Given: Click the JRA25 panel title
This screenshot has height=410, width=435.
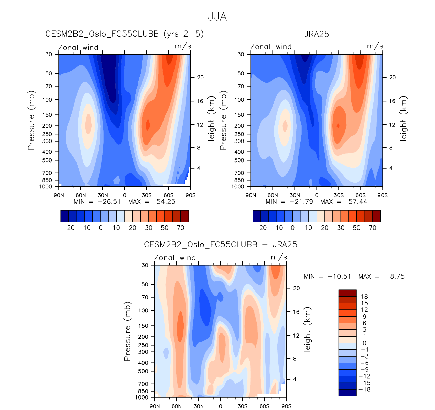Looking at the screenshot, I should (317, 34).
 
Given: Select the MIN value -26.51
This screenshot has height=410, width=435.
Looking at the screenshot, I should (109, 202).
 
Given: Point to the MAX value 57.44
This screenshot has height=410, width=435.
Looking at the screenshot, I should (357, 202).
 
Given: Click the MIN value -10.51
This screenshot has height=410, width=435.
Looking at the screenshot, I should (339, 276).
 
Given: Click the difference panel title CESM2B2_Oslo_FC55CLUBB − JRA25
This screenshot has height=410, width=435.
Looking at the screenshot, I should (220, 245).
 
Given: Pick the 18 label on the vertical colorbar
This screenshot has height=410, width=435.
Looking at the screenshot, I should (364, 297).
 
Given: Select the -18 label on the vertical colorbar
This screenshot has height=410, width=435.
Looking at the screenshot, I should (364, 389).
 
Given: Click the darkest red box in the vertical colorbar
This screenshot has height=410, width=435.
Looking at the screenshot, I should (347, 293).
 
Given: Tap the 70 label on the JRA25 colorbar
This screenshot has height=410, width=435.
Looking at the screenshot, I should (373, 228).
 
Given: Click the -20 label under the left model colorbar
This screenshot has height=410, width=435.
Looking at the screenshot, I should (69, 228).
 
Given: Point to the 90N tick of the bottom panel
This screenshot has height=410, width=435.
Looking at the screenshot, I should (155, 406).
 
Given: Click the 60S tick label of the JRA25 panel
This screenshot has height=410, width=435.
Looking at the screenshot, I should (361, 195).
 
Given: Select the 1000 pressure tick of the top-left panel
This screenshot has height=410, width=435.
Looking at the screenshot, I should (46, 187).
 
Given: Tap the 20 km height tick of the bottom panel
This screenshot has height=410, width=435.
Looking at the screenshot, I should (296, 288).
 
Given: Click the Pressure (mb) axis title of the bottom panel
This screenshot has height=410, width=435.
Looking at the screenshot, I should (127, 331).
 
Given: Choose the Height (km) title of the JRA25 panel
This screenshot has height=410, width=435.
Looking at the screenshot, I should (404, 121).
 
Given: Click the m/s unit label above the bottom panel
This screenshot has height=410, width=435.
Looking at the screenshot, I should (279, 257).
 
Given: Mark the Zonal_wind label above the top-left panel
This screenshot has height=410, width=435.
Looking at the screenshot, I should (78, 48).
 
